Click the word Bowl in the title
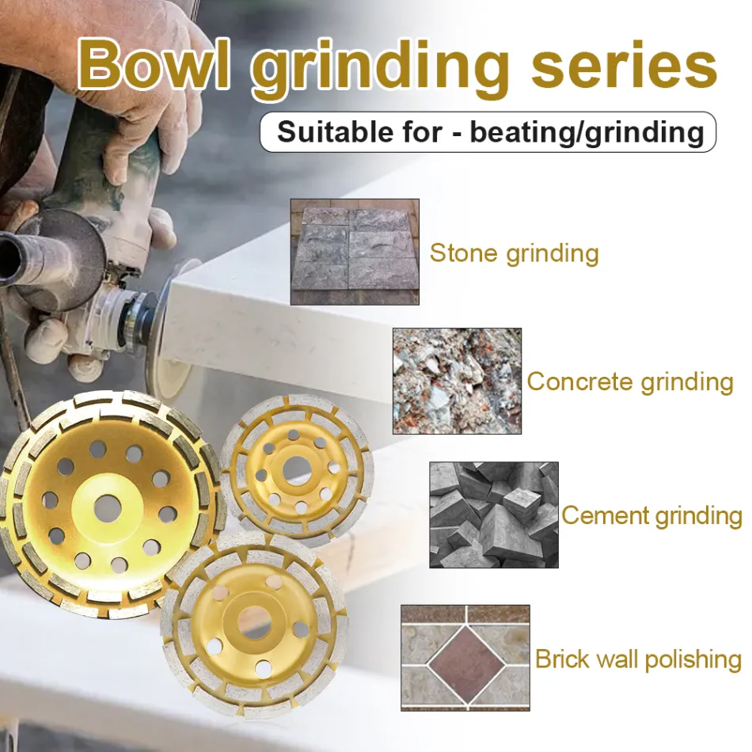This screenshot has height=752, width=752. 154,65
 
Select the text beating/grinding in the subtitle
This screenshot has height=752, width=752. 587,133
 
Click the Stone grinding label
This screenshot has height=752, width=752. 514,253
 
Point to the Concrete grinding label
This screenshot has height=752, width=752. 630,382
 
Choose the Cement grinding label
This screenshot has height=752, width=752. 652,516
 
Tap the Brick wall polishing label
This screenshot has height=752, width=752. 638,659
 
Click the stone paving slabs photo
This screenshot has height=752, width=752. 355,252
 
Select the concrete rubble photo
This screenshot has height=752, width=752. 457,382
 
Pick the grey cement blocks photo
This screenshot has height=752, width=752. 494,515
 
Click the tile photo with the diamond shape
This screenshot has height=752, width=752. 465,658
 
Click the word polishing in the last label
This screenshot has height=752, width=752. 693,659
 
